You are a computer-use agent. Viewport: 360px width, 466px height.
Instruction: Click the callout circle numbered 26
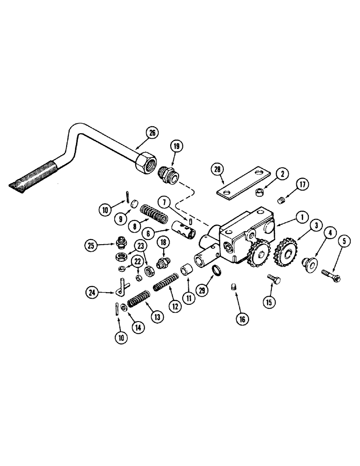[x=152, y=133]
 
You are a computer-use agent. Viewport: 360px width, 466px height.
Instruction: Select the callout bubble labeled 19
[x=177, y=146]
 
